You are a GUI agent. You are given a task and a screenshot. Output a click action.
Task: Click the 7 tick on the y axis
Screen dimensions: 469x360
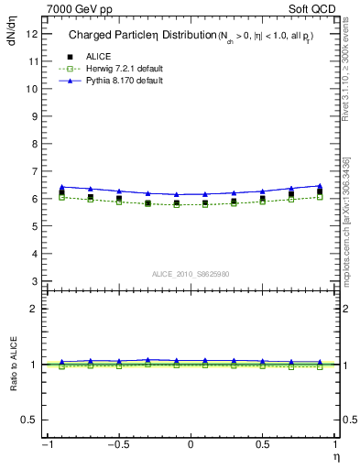pyautogui.click(x=34, y=171)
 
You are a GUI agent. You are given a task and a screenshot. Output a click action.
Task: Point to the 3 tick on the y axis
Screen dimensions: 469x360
pyautogui.click(x=34, y=281)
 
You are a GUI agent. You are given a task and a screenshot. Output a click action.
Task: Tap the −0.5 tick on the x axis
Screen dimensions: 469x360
pyautogui.click(x=118, y=444)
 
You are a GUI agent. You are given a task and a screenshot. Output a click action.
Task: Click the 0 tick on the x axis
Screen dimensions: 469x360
pyautogui.click(x=191, y=444)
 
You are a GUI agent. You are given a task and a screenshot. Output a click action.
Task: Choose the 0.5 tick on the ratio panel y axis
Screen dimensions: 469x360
pyautogui.click(x=29, y=420)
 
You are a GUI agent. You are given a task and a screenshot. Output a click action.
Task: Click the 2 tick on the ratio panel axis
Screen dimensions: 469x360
pyautogui.click(x=34, y=309)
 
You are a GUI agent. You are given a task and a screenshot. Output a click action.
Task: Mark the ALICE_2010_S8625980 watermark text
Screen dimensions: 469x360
pyautogui.click(x=190, y=274)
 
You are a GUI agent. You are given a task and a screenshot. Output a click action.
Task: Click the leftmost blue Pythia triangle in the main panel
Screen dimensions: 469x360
pyautogui.click(x=61, y=187)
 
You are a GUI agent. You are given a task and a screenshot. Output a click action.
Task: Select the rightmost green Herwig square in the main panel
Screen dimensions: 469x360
pyautogui.click(x=320, y=197)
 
